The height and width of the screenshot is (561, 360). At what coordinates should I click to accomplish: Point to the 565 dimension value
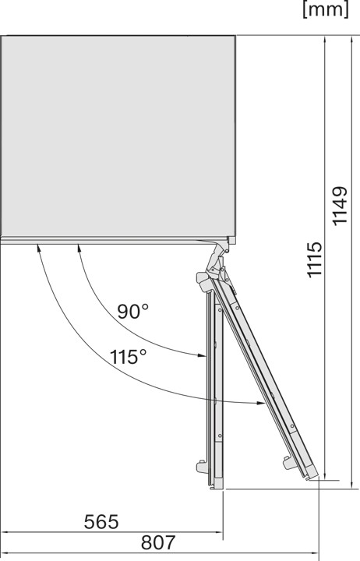[x=102, y=521]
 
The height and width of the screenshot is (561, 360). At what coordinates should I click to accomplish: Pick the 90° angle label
[x=133, y=312]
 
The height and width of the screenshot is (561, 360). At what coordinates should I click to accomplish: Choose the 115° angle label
[x=128, y=358]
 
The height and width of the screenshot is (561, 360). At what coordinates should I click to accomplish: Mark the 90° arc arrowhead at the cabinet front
[x=79, y=249]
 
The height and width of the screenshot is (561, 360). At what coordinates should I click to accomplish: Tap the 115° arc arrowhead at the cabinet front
[x=37, y=249]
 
